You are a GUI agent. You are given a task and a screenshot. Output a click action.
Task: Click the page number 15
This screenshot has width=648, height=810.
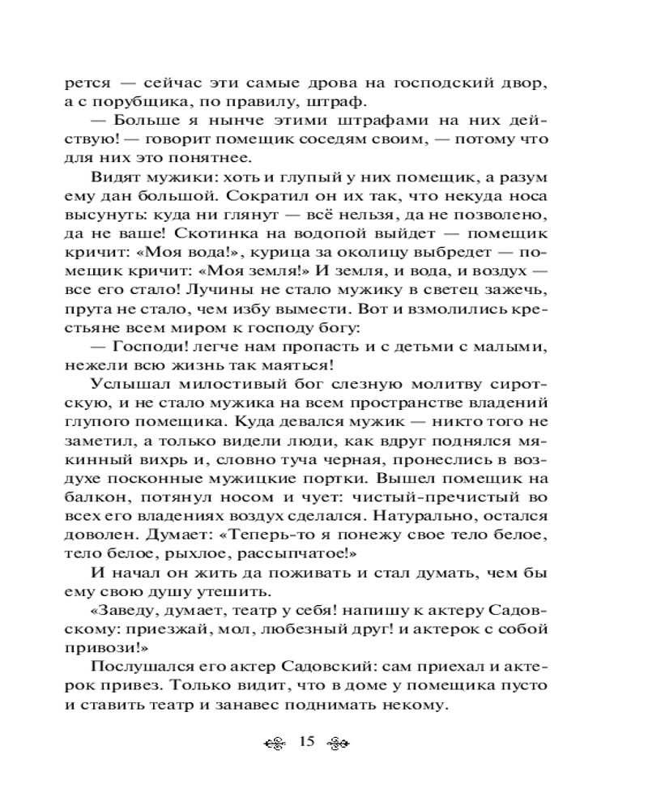(x=306, y=743)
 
